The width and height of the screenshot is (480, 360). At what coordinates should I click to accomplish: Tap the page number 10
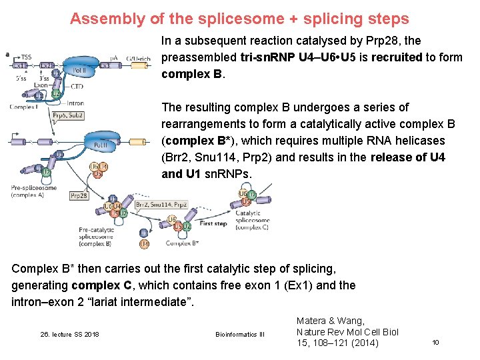pos(435,342)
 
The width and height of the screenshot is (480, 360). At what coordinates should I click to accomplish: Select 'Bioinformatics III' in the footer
pos(240,333)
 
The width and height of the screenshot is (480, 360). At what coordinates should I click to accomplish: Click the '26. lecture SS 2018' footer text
pos(69,333)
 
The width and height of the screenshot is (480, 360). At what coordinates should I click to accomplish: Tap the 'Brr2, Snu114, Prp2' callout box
pos(161,205)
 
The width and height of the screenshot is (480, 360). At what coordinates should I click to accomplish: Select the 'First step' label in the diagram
pos(213,224)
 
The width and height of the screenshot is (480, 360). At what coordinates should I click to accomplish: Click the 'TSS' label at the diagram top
pos(25,57)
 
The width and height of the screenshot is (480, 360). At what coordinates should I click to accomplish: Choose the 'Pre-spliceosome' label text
pos(29,189)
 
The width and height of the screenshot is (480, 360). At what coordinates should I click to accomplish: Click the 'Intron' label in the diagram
pos(75,103)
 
